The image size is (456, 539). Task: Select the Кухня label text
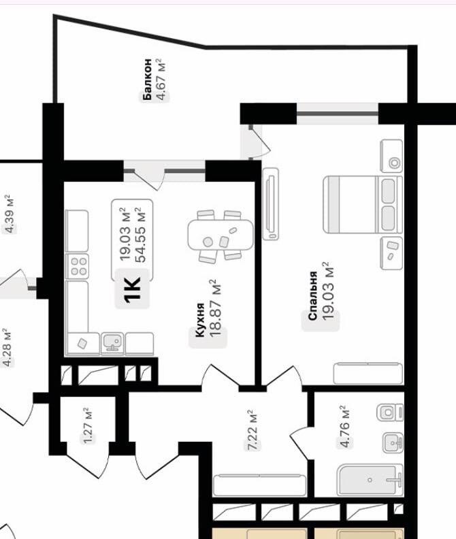click(x=200, y=320)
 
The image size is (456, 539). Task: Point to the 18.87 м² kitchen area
click(x=216, y=308)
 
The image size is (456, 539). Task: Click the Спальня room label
click(x=312, y=296)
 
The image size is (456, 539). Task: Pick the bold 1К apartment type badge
click(x=133, y=289)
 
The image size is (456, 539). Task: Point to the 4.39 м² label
click(x=10, y=214)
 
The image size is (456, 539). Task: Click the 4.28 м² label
click(x=8, y=347)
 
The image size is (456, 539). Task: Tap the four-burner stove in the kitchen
click(x=78, y=265)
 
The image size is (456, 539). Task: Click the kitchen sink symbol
click(x=111, y=343)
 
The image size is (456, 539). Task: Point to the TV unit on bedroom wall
click(x=271, y=205)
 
